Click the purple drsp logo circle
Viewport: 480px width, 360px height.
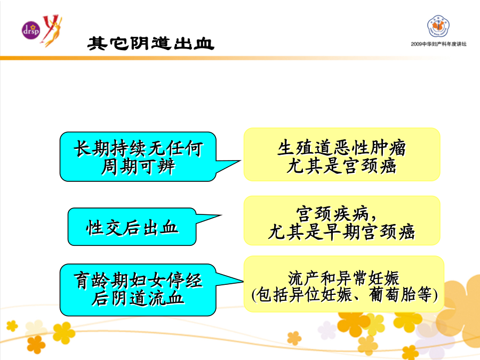(x=31, y=30)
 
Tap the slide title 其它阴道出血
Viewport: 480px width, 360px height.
(x=150, y=44)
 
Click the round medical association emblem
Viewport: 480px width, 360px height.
(x=438, y=26)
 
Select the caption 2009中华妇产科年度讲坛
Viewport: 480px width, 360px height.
(x=439, y=44)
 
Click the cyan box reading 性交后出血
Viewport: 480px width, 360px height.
(x=132, y=227)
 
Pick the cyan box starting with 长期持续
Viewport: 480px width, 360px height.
(x=138, y=157)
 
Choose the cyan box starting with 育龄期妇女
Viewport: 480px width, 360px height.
(x=138, y=290)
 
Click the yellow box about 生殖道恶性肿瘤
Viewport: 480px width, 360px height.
(x=342, y=155)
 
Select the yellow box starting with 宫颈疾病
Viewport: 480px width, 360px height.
(x=342, y=221)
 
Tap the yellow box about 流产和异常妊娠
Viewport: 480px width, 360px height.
(x=344, y=284)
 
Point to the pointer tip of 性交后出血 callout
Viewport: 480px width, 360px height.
(x=222, y=215)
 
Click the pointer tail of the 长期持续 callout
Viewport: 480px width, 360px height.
(x=241, y=161)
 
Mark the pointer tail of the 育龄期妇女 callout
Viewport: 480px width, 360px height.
(x=243, y=281)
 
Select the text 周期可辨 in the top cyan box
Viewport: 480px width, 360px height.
(x=138, y=167)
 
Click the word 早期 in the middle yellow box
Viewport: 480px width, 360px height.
(x=342, y=232)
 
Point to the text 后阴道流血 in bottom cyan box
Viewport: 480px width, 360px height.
(x=138, y=299)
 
